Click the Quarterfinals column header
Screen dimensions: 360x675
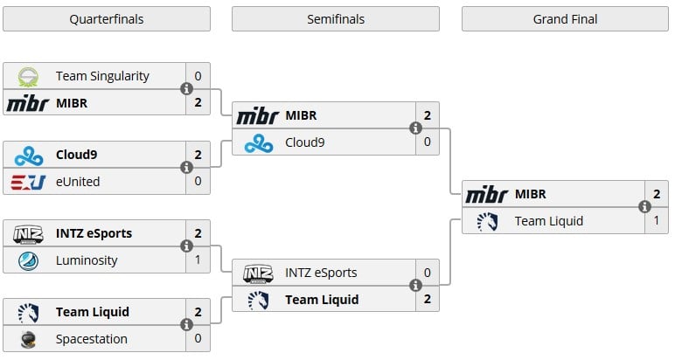(106, 19)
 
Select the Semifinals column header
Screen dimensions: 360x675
(336, 19)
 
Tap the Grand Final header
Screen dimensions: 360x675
(565, 19)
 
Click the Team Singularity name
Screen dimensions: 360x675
(102, 76)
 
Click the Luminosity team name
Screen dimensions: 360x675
(86, 260)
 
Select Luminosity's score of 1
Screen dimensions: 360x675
(198, 260)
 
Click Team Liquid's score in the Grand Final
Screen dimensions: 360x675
(656, 221)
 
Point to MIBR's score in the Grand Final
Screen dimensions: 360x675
(656, 194)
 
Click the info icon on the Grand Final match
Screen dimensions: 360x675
(644, 207)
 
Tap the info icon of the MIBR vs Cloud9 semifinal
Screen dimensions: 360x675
(415, 128)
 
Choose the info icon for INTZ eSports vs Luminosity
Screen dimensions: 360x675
(186, 246)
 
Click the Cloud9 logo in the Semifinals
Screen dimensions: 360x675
(258, 142)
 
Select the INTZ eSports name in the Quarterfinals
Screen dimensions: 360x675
(94, 233)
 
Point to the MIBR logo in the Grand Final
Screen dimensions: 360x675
(486, 194)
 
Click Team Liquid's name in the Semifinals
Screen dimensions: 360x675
(323, 300)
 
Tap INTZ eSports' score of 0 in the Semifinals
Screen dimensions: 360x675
(427, 273)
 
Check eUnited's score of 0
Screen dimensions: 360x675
(198, 182)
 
